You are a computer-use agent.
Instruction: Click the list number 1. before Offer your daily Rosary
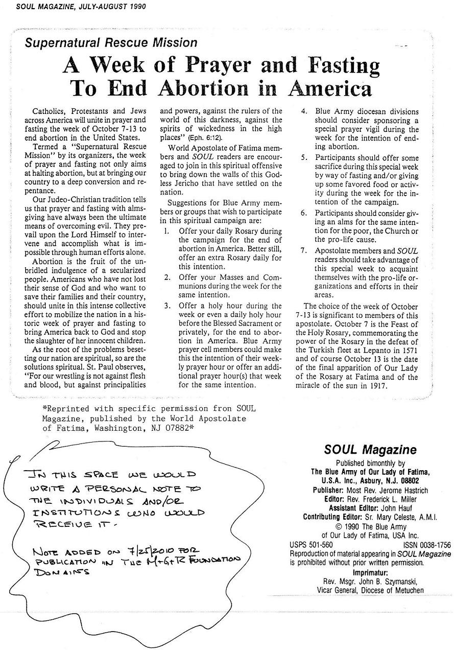click(x=167, y=231)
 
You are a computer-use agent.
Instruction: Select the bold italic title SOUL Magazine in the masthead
click(x=370, y=450)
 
